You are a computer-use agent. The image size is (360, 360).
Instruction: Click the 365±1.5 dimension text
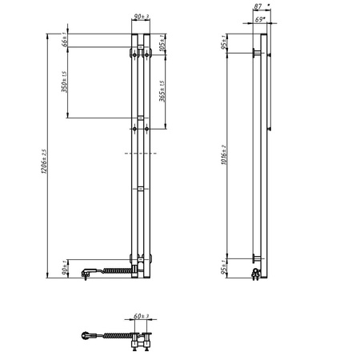point(162,94)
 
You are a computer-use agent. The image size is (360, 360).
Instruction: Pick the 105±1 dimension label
point(162,42)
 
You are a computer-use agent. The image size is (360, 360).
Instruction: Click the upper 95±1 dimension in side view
point(226,42)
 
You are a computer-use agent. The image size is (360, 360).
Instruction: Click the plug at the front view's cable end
point(85,274)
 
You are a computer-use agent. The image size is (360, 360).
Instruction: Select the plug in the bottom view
point(87,334)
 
